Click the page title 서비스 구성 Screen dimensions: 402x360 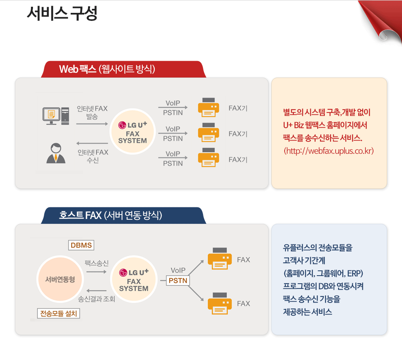(62, 13)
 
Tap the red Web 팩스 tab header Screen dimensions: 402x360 (123, 69)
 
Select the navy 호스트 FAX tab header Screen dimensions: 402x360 (123, 215)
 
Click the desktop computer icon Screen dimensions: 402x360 (56, 116)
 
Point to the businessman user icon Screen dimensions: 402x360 (56, 153)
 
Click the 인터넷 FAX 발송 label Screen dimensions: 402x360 (92, 112)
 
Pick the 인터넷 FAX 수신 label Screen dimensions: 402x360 (93, 156)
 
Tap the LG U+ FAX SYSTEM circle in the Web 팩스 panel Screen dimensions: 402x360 (133, 131)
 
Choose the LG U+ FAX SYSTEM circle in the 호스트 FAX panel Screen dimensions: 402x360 (133, 279)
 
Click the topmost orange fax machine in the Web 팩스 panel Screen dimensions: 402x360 (208, 107)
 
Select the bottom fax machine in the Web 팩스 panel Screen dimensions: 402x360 (208, 157)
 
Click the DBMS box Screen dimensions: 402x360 (81, 245)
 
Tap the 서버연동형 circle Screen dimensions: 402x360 (60, 279)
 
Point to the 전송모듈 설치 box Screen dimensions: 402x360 (58, 313)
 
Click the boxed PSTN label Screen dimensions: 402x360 (178, 280)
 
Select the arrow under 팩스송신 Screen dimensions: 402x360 (96, 272)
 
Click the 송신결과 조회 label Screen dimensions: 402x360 (96, 299)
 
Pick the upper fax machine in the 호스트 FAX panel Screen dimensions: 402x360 (220, 258)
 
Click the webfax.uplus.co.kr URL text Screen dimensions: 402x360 (328, 151)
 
